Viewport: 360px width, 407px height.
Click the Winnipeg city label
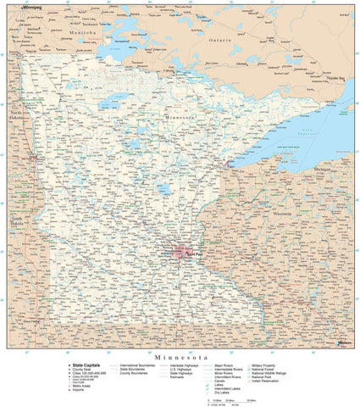click(31, 6)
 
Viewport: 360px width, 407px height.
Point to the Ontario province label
click(219, 40)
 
